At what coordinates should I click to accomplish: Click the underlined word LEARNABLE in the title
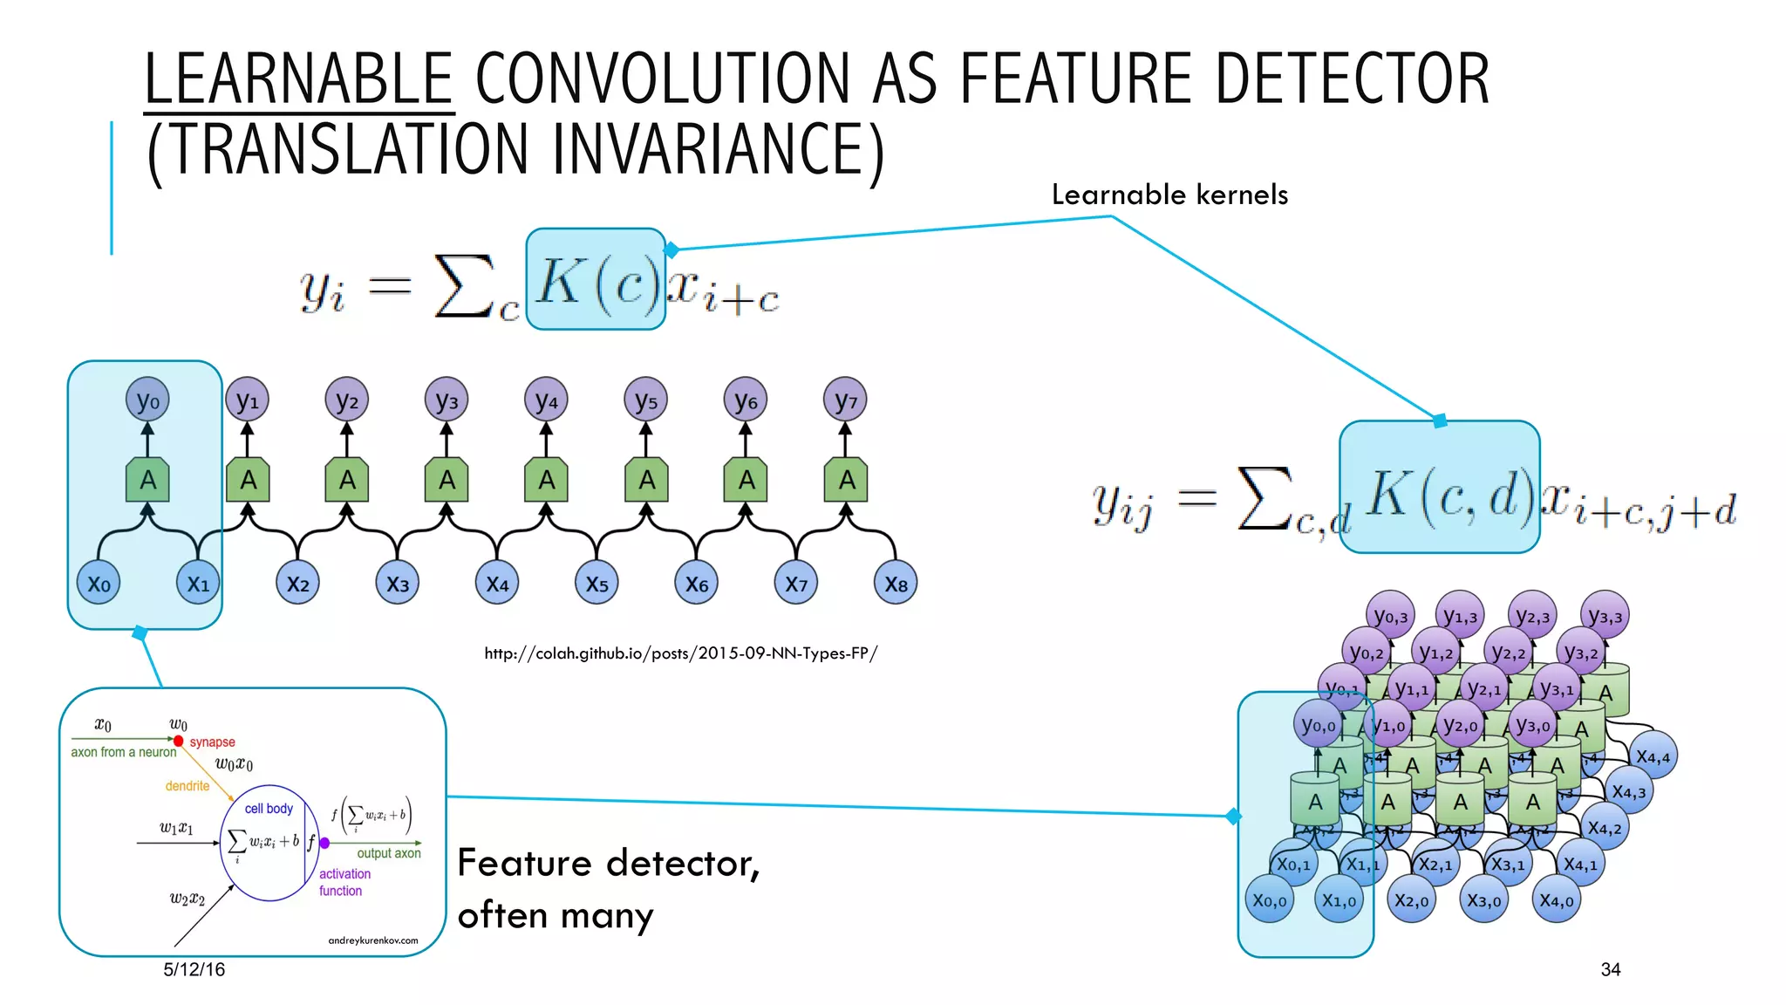pyautogui.click(x=298, y=79)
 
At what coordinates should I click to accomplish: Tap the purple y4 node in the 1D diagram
pyautogui.click(x=547, y=400)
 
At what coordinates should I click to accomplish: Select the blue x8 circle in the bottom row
pyautogui.click(x=896, y=584)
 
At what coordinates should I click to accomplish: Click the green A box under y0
pyautogui.click(x=147, y=480)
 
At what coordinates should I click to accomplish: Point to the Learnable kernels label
pyautogui.click(x=1169, y=195)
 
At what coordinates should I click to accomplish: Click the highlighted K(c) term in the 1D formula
pyautogui.click(x=596, y=280)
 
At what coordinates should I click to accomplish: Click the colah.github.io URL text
pyautogui.click(x=680, y=653)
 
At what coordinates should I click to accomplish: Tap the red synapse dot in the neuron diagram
pyautogui.click(x=179, y=741)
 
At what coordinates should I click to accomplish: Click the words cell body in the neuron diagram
pyautogui.click(x=269, y=809)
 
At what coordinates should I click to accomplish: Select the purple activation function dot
pyautogui.click(x=324, y=843)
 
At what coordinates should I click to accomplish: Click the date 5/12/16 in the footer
pyautogui.click(x=194, y=969)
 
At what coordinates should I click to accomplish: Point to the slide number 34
pyautogui.click(x=1610, y=969)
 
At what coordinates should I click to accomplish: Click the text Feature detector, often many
pyautogui.click(x=608, y=888)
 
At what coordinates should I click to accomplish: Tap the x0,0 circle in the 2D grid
pyautogui.click(x=1270, y=900)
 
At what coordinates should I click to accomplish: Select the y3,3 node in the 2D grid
pyautogui.click(x=1605, y=616)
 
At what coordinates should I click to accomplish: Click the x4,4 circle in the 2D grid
pyautogui.click(x=1653, y=756)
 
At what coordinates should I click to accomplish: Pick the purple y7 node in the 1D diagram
pyautogui.click(x=845, y=400)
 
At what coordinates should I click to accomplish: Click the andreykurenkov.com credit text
pyautogui.click(x=372, y=940)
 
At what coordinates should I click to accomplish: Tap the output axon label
pyautogui.click(x=388, y=853)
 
